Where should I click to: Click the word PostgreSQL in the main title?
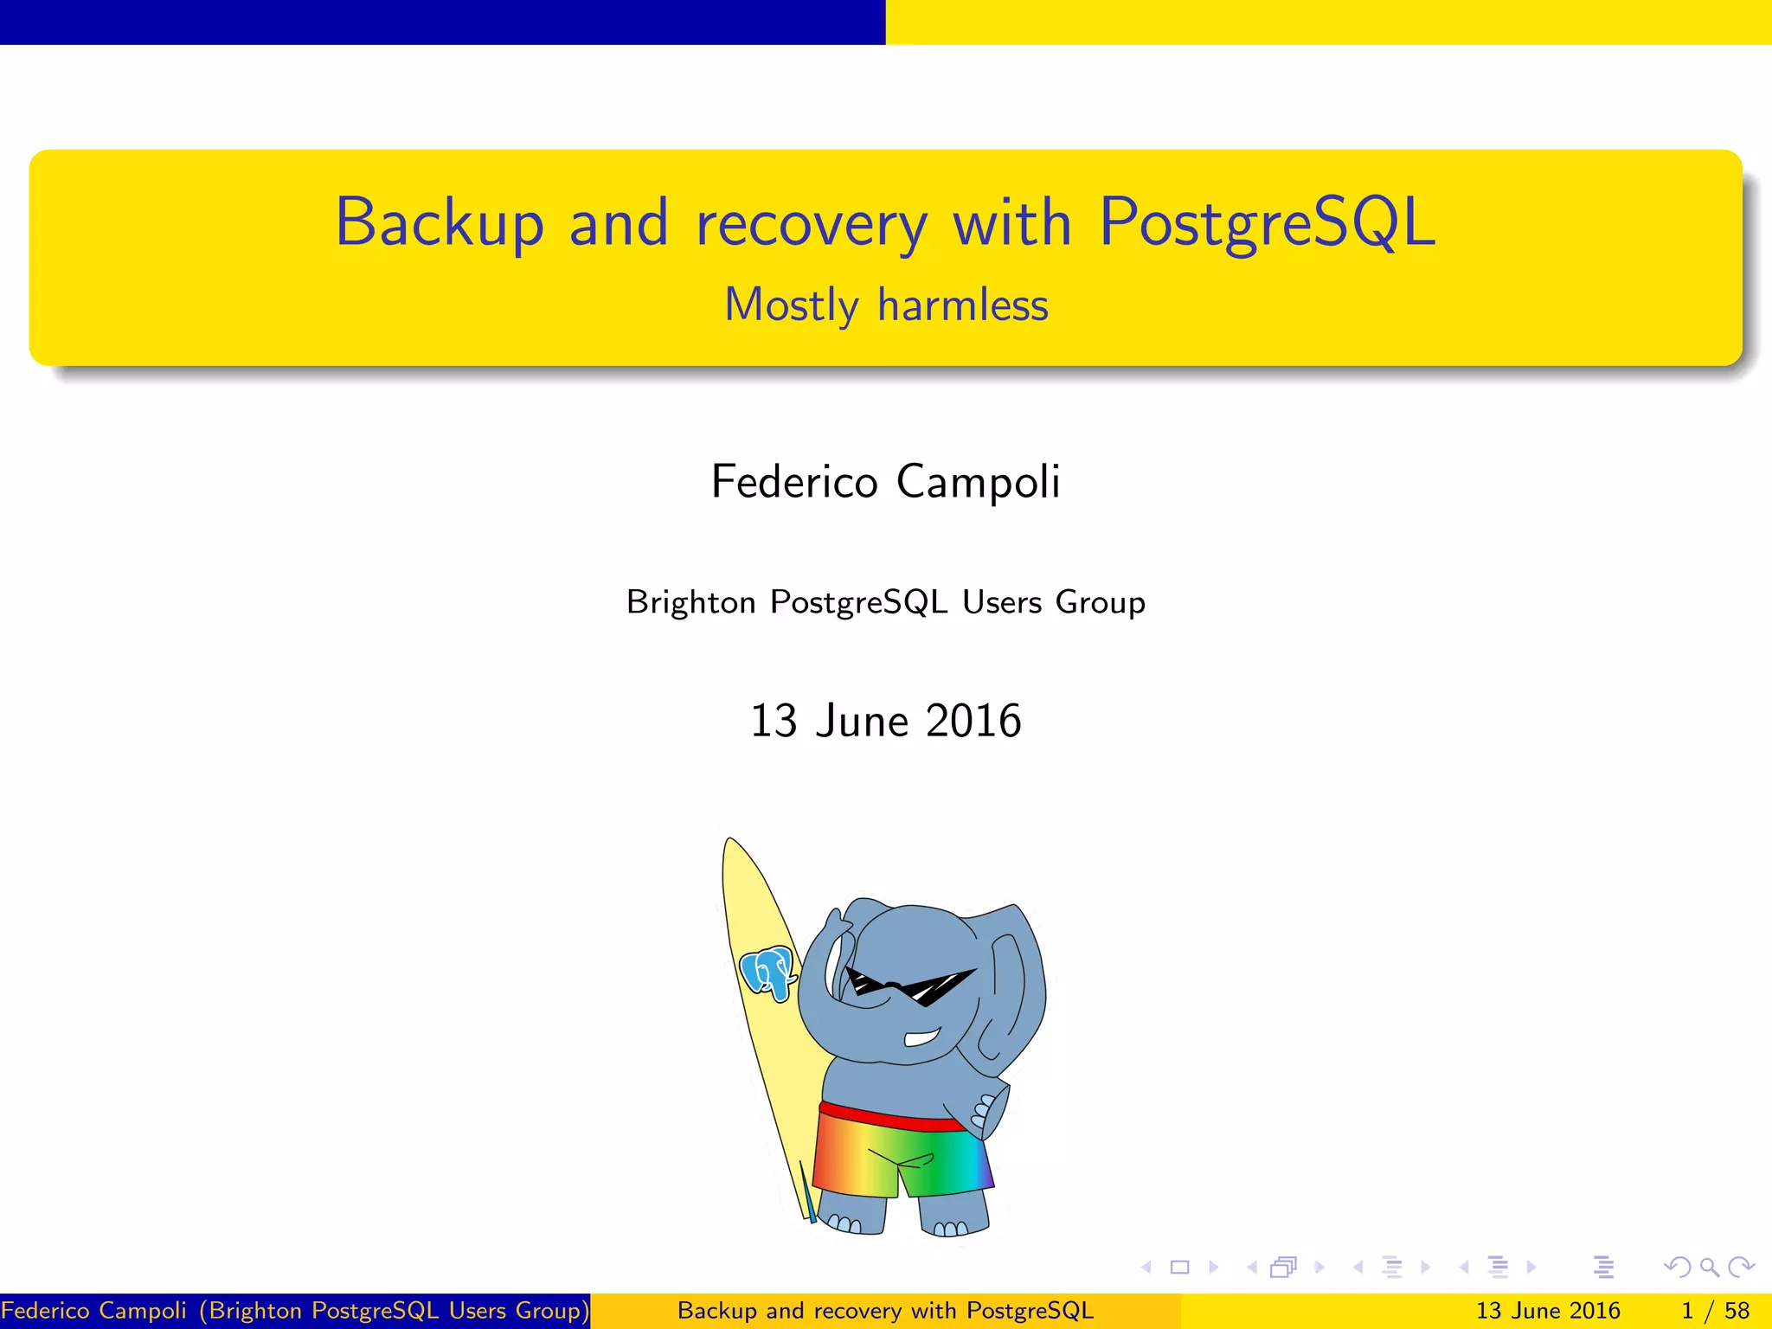[1267, 223]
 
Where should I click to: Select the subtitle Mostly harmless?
[886, 305]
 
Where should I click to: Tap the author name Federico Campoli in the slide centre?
[885, 482]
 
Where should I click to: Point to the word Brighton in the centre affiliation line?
[690, 602]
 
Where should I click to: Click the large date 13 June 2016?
[885, 721]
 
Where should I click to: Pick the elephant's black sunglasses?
[908, 986]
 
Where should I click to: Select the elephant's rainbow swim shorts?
[900, 1155]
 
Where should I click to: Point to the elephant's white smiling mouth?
[922, 1037]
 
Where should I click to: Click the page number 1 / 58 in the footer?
[1715, 1311]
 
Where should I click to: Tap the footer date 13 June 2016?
[1547, 1311]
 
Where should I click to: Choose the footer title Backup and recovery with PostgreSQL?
[885, 1311]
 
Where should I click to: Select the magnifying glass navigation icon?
[1709, 1268]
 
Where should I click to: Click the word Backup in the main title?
[440, 223]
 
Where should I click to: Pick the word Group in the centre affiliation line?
[1100, 603]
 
